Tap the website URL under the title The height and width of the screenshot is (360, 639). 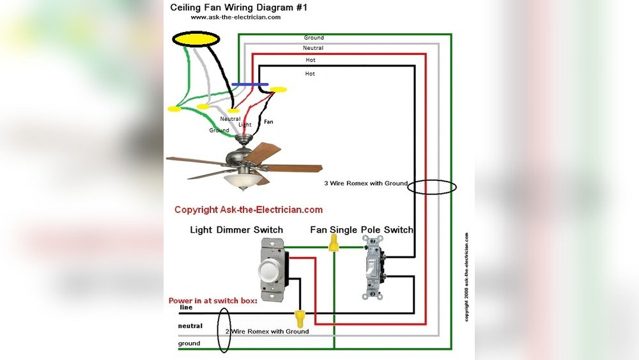[x=235, y=17]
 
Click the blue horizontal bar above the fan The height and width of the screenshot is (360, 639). [x=250, y=84]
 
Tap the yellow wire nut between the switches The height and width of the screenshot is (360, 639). [x=333, y=242]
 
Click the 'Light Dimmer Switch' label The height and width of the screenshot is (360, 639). [x=236, y=230]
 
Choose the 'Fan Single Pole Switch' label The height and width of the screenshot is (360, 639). [x=362, y=230]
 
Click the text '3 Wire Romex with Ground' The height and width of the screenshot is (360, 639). [x=366, y=184]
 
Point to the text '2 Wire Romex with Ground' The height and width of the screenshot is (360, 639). [x=266, y=331]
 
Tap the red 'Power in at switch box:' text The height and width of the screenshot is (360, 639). [x=213, y=300]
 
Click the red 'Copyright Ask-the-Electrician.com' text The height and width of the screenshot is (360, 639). [x=249, y=210]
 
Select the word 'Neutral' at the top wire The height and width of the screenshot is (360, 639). [x=313, y=48]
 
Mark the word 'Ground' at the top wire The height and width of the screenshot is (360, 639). [x=314, y=38]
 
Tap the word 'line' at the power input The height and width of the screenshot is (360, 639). [x=186, y=308]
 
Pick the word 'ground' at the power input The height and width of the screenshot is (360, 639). [x=189, y=343]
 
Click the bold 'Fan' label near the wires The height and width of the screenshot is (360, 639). [x=268, y=121]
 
